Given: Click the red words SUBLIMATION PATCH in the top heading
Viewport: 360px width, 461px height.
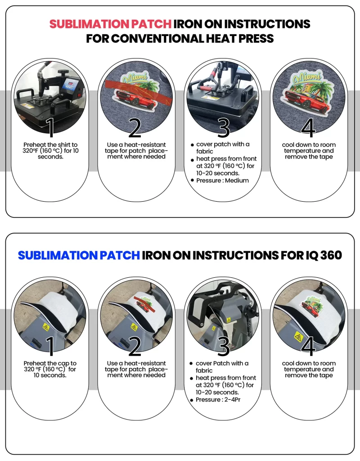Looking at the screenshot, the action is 110,24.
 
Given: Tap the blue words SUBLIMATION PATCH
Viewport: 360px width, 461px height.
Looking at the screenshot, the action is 79,255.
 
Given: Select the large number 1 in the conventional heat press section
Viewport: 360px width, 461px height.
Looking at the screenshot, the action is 50,127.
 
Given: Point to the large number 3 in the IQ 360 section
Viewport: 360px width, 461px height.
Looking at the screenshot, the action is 223,346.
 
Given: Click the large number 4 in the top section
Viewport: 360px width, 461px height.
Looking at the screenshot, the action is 308,127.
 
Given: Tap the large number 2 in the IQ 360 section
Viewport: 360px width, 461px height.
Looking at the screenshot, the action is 135,346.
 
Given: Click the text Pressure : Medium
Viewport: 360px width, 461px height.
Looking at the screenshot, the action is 222,181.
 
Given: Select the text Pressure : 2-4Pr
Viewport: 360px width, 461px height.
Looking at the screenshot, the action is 218,400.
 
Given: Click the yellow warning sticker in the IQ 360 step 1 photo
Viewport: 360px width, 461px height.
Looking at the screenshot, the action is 45,327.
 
